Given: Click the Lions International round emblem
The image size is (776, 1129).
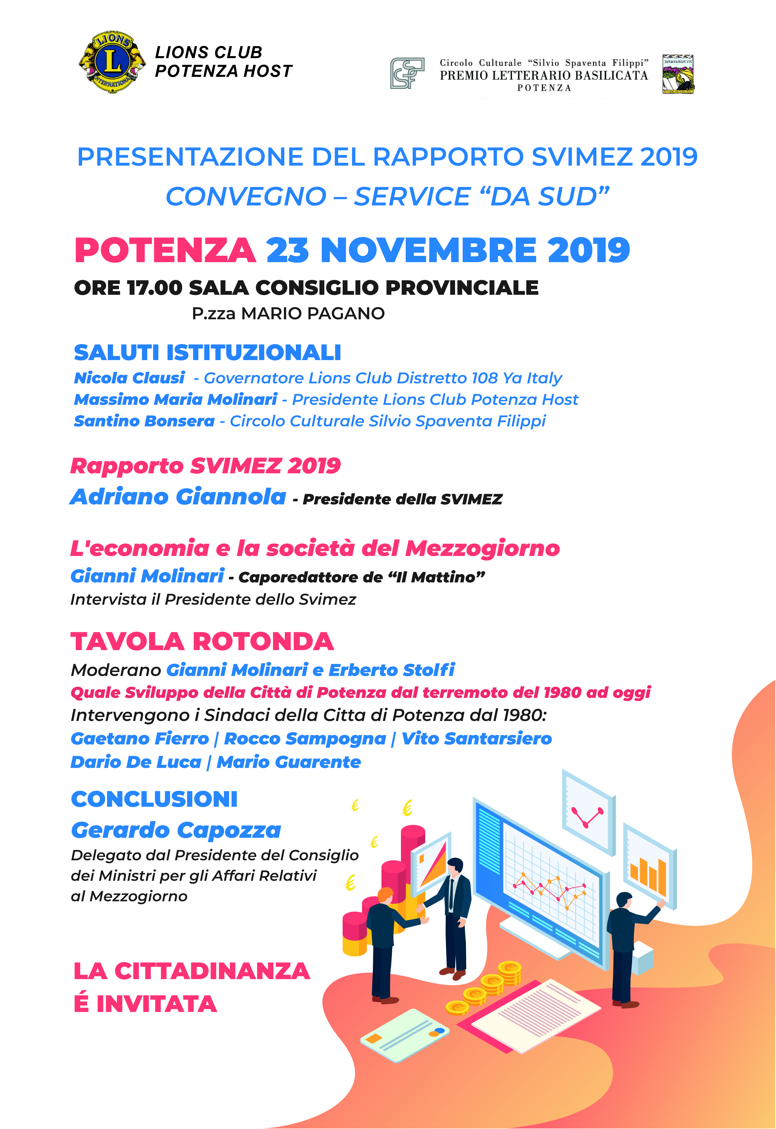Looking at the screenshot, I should [x=112, y=62].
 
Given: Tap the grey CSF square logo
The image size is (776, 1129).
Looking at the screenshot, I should [x=407, y=73].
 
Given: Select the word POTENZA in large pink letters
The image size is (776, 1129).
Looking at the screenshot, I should [x=165, y=251].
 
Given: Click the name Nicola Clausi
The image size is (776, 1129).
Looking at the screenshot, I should [x=129, y=378].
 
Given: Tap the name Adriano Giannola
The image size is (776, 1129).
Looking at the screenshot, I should [x=178, y=497].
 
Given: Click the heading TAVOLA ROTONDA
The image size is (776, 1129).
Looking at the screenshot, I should [x=202, y=641].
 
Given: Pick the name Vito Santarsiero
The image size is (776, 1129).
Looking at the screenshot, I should [x=477, y=738].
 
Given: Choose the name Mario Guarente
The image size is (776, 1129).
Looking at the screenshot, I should [x=289, y=762].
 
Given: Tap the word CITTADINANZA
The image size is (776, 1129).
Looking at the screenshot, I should [x=212, y=971].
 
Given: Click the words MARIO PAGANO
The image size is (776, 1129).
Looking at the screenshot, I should [x=313, y=314].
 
